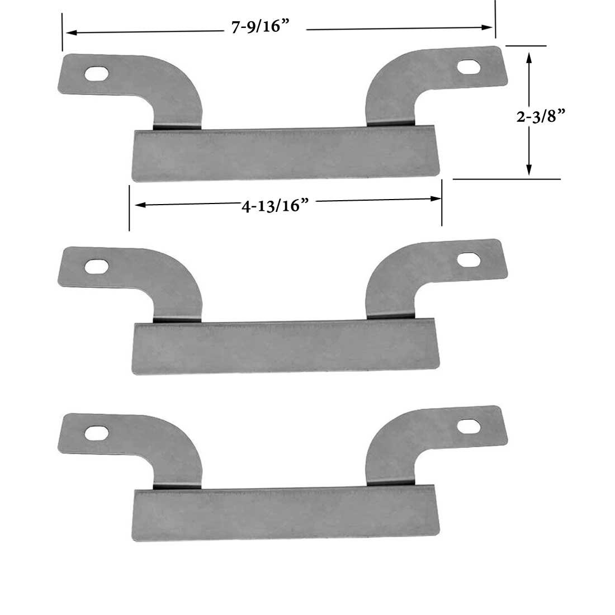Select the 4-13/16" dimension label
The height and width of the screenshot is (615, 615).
[275, 206]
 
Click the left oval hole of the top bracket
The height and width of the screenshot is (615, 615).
[96, 74]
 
